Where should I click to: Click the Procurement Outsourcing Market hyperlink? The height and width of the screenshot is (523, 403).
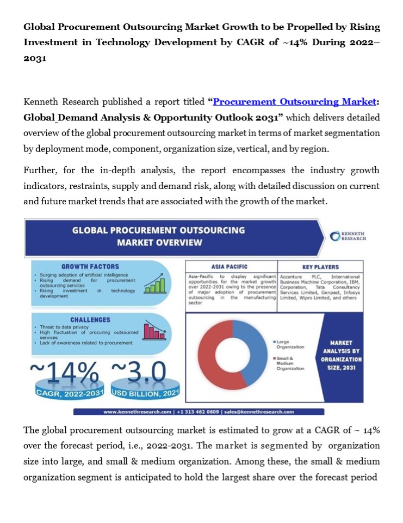click(294, 102)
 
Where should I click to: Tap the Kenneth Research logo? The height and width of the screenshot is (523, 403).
click(348, 236)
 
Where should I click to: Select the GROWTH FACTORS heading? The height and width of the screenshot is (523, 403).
click(90, 267)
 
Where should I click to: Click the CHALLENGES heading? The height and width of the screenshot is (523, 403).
click(90, 320)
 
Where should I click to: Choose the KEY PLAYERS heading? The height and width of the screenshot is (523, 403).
click(320, 267)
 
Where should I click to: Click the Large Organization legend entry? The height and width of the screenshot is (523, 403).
click(289, 344)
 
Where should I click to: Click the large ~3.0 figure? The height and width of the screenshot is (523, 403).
click(139, 372)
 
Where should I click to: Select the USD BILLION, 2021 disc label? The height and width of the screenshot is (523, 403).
click(139, 392)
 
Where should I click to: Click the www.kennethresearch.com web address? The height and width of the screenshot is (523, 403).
click(137, 412)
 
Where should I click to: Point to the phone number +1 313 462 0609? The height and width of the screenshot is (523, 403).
click(197, 412)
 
